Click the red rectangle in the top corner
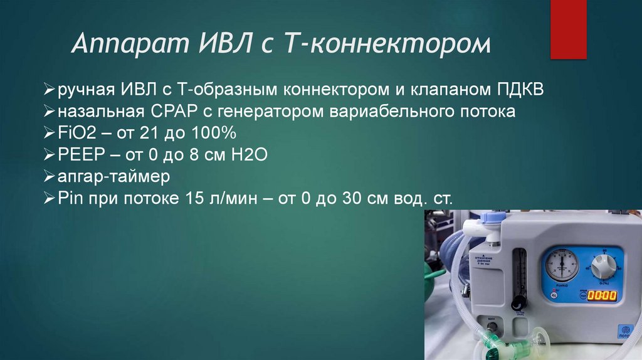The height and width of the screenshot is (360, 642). (568, 29)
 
